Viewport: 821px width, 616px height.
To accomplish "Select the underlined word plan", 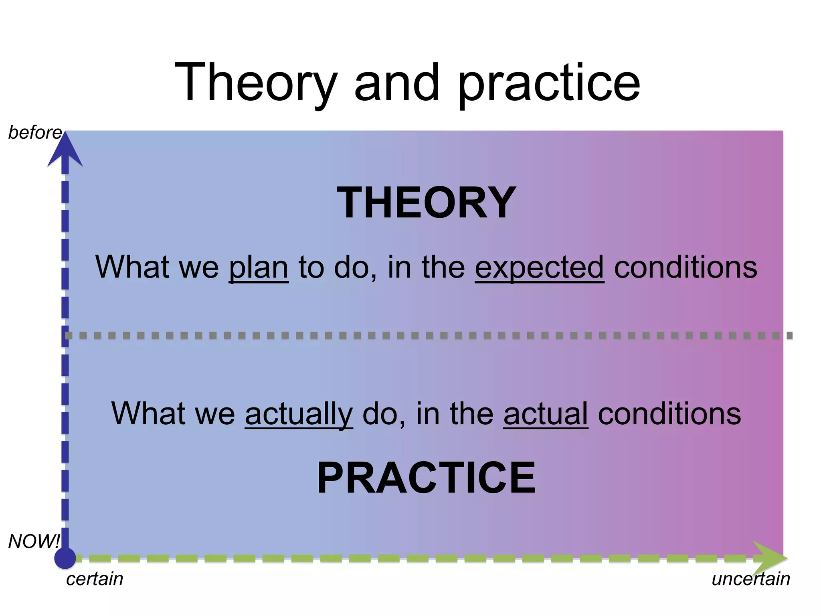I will pyautogui.click(x=259, y=268).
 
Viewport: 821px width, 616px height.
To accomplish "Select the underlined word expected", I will pyautogui.click(x=539, y=268).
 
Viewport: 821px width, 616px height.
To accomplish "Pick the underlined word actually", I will pyautogui.click(x=299, y=414).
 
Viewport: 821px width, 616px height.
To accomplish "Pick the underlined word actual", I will pyautogui.click(x=546, y=414).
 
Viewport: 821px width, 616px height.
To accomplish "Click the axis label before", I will pyautogui.click(x=34, y=133).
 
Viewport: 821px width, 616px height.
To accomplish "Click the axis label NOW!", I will pyautogui.click(x=34, y=541).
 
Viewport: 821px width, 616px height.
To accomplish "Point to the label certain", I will pyautogui.click(x=95, y=579).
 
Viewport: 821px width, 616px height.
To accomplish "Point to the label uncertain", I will pyautogui.click(x=750, y=579).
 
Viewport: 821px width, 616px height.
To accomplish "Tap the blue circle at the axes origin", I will pyautogui.click(x=65, y=558).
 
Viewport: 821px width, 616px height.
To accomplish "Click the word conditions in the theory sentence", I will pyautogui.click(x=686, y=268).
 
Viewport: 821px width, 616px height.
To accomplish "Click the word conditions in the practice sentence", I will pyautogui.click(x=669, y=414).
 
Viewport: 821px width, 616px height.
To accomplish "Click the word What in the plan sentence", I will pyautogui.click(x=132, y=267).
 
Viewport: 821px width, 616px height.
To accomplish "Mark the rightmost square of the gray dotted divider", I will pyautogui.click(x=789, y=336).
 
